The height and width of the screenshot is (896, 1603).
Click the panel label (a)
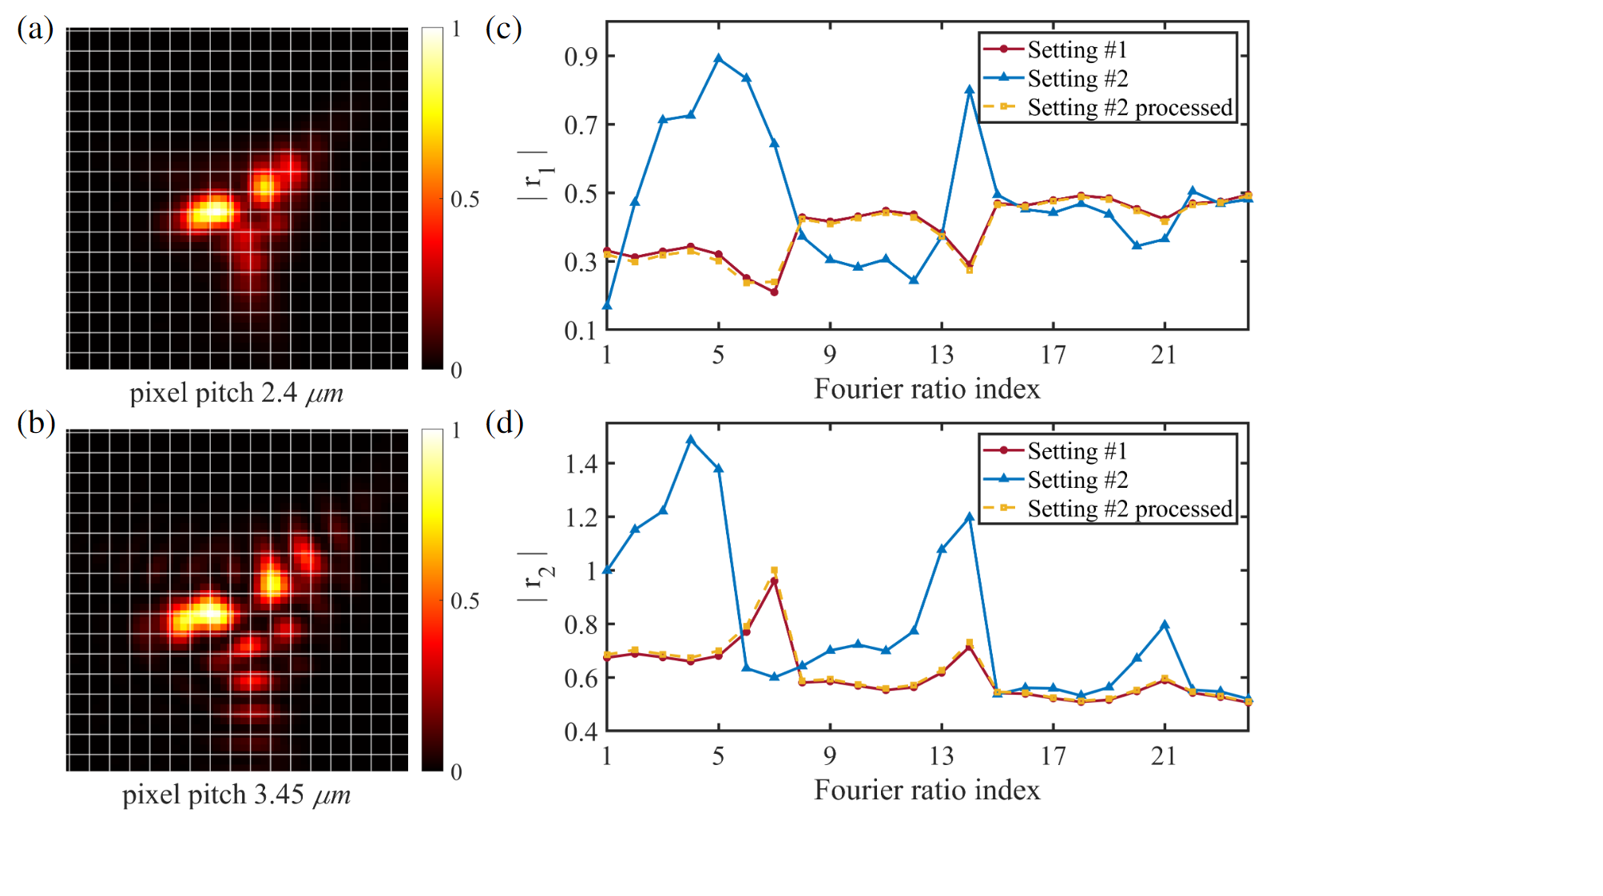coord(35,29)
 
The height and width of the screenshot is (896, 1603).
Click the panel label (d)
coord(504,422)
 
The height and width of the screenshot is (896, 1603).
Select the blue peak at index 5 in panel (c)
coord(719,58)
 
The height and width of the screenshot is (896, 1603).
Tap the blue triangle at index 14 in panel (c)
coord(970,90)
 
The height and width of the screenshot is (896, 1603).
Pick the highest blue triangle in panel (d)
coord(691,439)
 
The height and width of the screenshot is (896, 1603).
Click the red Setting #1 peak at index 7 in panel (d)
coord(774,581)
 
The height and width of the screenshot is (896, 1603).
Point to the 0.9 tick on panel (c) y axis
coord(581,57)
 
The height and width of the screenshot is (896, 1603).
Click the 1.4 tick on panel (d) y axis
coord(581,464)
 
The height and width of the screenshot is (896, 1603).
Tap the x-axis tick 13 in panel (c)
coord(941,354)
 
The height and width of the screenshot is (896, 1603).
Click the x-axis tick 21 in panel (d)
coord(1164,755)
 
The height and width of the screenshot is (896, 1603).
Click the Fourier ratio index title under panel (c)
coord(926,389)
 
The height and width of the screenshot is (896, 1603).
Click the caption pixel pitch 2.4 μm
coord(236,393)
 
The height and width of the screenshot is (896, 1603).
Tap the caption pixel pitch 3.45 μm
coord(236,795)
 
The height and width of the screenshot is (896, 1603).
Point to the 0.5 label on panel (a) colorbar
coord(465,199)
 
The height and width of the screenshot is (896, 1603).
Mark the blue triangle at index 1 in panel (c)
coord(607,305)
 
